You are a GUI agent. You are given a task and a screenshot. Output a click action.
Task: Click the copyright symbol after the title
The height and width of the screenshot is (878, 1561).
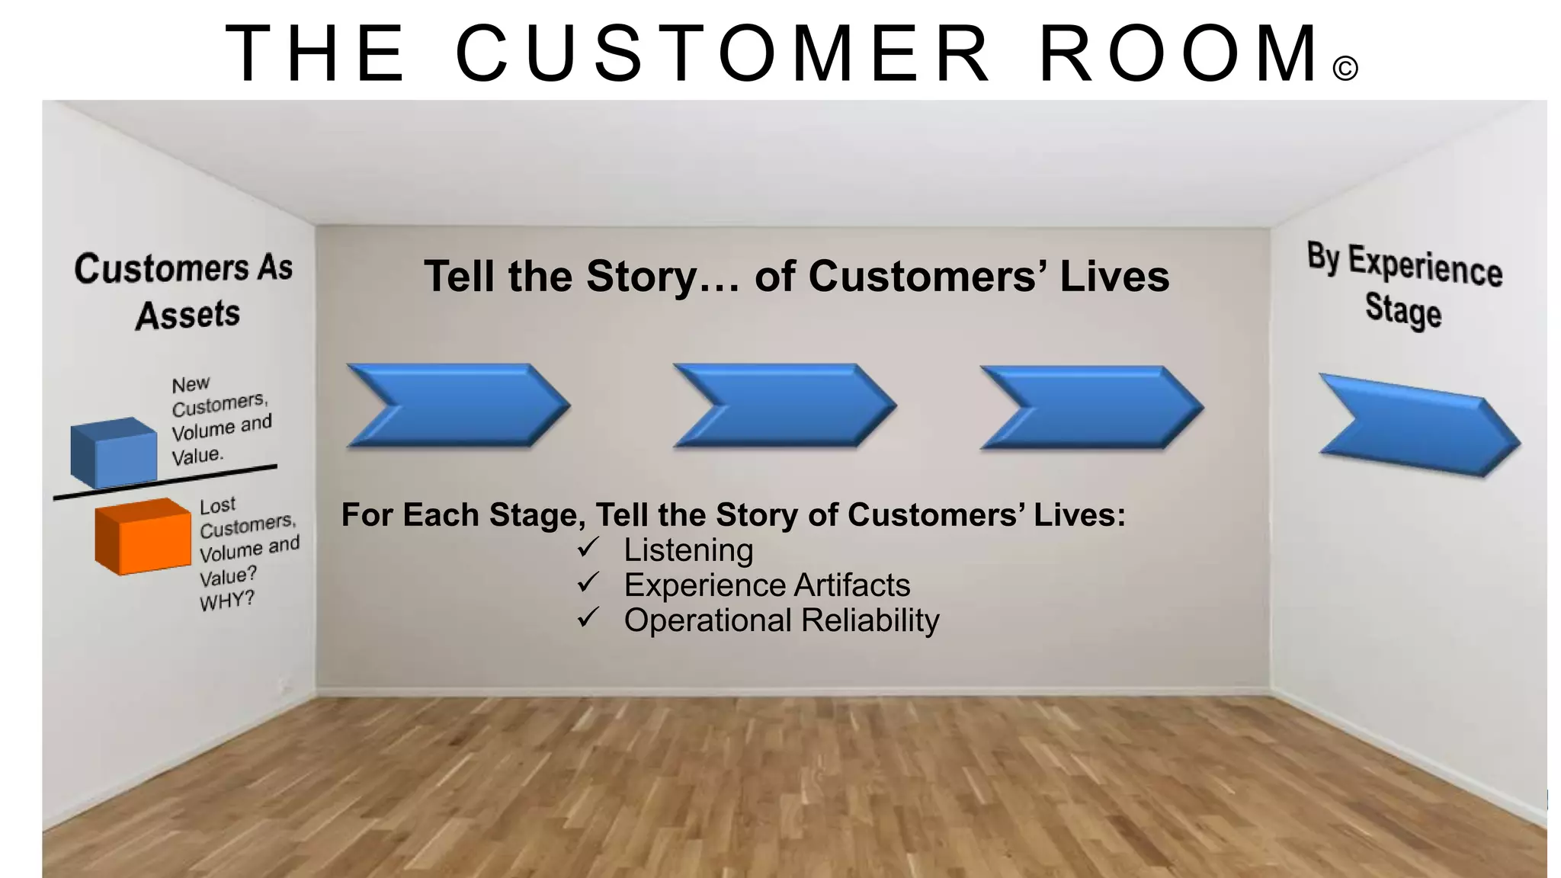coord(1345,69)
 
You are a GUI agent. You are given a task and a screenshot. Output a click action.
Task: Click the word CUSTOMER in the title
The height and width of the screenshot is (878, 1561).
coord(723,53)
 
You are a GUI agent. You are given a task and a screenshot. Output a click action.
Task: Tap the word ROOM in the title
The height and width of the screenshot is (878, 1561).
coord(1181,53)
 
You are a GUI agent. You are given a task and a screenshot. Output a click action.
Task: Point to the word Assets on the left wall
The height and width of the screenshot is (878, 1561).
coord(188,315)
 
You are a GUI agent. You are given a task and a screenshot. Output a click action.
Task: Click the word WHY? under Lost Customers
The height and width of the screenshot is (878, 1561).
coord(226,601)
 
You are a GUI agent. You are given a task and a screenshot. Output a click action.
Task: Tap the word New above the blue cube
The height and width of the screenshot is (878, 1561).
coord(191,384)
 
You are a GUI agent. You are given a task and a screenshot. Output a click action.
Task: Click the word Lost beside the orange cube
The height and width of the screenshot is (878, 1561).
coord(218,505)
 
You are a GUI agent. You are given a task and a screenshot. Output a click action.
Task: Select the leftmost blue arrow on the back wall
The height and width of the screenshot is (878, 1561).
coord(457,405)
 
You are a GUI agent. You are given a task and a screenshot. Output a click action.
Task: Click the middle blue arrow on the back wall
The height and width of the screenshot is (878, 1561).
coord(784,405)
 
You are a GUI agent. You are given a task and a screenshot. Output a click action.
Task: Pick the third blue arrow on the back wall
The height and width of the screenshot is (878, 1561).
coord(1091,407)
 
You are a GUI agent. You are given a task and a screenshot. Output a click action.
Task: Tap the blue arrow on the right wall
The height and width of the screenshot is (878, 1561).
coord(1418,425)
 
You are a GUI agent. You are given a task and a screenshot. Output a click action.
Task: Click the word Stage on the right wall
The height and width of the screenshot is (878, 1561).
coord(1403,309)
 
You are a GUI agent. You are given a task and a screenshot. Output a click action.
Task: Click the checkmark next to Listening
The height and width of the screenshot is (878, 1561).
coord(588,547)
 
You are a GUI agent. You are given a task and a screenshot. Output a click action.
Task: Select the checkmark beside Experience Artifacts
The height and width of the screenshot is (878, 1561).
coord(588,583)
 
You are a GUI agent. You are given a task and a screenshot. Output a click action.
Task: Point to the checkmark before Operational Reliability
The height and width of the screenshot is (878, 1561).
coord(588,617)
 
